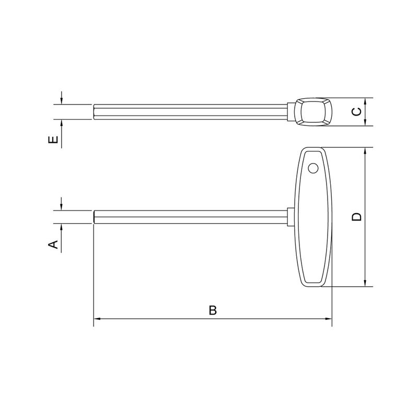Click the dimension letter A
(53, 244)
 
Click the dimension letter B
(213, 310)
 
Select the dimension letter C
(357, 112)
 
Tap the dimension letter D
(357, 217)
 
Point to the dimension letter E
(53, 140)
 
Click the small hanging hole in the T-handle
(313, 168)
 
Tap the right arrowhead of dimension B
(329, 319)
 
